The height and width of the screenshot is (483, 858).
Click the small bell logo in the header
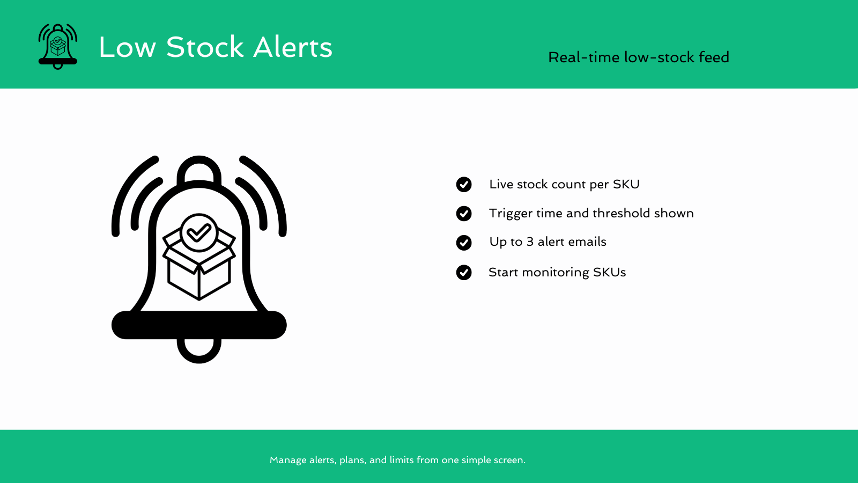[x=58, y=47]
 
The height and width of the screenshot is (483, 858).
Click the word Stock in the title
[x=205, y=47]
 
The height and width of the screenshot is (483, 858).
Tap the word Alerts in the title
[x=293, y=47]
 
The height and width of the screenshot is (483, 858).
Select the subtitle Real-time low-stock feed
[x=638, y=57]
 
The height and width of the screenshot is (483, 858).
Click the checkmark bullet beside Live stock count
[x=464, y=185]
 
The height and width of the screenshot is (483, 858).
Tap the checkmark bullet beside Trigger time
[x=464, y=214]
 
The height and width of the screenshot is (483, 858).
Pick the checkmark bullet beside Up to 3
[x=464, y=243]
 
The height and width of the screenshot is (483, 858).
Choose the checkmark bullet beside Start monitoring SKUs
[x=464, y=273]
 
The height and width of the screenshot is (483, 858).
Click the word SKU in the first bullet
[x=626, y=185]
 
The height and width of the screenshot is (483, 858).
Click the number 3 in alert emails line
[x=530, y=242]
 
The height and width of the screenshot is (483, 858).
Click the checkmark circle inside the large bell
[x=199, y=233]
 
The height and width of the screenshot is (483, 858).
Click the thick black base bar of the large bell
[x=199, y=325]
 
